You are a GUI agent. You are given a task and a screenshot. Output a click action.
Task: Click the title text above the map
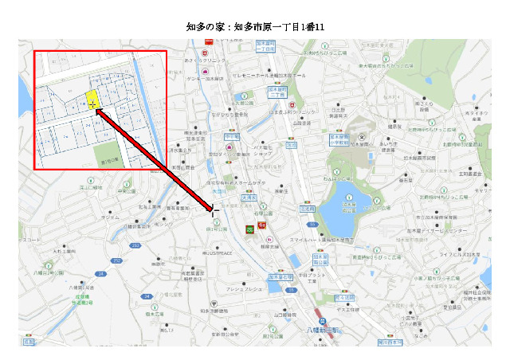pyautogui.click(x=255, y=27)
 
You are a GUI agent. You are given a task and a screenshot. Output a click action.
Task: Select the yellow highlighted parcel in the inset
pyautogui.click(x=92, y=100)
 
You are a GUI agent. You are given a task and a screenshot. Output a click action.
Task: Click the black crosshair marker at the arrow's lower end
pyautogui.click(x=214, y=210)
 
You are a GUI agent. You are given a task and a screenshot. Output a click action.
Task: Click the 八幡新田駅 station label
pyautogui.click(x=323, y=328)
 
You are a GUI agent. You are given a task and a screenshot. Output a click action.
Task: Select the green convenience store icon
pyautogui.click(x=249, y=229)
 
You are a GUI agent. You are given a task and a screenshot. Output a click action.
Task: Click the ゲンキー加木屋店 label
pyautogui.click(x=205, y=80)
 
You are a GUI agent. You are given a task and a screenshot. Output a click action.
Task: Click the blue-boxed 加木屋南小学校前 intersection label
pyautogui.click(x=320, y=260)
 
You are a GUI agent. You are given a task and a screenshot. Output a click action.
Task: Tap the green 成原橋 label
pyautogui.click(x=65, y=295)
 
